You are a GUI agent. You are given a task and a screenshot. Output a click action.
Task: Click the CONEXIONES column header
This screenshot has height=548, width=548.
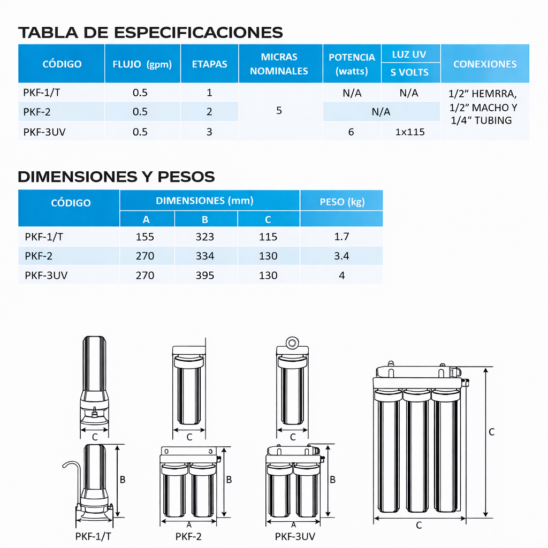coord(485,64)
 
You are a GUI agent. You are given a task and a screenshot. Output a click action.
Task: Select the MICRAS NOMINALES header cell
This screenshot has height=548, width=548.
coord(279,64)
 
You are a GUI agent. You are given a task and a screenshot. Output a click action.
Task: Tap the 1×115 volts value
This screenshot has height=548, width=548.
coord(410,132)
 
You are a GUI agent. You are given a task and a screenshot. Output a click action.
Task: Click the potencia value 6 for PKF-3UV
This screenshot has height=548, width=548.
coord(351,132)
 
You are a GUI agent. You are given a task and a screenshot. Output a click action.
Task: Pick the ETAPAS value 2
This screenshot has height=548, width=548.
coord(209,112)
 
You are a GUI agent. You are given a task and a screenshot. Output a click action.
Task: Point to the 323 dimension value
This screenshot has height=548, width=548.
coord(205,237)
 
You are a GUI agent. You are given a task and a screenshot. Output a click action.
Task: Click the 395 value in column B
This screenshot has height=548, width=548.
coord(205,275)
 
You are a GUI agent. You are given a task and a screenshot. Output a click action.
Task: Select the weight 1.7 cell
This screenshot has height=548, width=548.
coord(341,237)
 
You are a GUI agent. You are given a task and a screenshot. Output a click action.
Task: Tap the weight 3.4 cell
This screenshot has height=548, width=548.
coord(341,256)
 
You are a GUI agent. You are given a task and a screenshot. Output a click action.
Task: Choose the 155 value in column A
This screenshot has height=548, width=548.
coord(145,237)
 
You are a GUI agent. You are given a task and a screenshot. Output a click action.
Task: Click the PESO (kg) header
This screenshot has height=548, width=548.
coord(341,202)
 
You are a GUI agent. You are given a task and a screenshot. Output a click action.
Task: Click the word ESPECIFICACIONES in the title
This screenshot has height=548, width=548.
coord(199,33)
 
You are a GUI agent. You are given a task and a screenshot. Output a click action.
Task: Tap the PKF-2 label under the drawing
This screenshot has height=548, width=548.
coord(188,536)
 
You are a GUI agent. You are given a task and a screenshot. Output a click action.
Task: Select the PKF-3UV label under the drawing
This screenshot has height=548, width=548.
coord(295,536)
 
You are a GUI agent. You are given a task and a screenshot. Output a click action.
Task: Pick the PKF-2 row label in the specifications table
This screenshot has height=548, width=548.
coord(37,112)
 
